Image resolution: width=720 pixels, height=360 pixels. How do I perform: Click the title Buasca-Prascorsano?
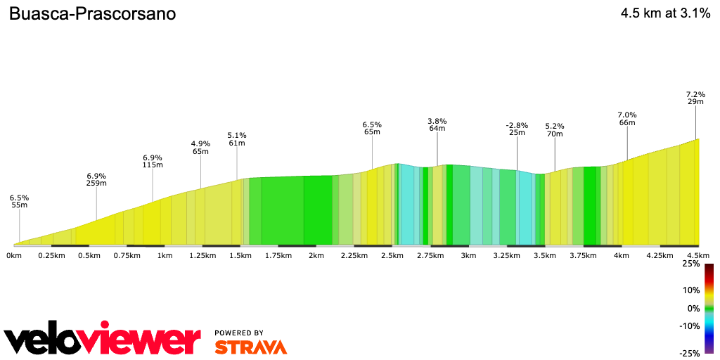(92, 13)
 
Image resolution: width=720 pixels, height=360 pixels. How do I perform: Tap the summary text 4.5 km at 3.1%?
(665, 13)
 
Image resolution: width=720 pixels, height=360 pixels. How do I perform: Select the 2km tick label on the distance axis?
(316, 255)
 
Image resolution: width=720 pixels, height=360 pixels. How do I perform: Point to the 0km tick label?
(14, 255)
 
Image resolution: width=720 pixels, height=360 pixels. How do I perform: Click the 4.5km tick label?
(697, 255)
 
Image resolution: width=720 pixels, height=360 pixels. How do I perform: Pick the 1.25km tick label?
(202, 255)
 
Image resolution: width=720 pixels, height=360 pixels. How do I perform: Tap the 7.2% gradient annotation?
(695, 94)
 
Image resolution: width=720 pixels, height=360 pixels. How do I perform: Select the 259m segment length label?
(96, 184)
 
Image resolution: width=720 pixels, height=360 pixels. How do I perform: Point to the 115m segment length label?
(153, 165)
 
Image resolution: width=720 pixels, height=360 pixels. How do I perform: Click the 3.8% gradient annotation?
(437, 121)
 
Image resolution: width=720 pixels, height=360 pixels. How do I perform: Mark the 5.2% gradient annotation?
(555, 127)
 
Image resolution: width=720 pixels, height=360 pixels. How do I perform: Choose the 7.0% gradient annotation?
(627, 115)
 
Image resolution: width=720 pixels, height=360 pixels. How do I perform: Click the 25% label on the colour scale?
(691, 264)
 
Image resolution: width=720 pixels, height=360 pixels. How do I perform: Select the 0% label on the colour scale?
(693, 308)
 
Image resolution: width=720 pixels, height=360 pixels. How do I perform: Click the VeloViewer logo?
(103, 340)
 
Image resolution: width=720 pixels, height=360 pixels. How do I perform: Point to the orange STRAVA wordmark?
(250, 347)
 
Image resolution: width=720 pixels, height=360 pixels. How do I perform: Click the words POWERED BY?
(239, 333)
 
